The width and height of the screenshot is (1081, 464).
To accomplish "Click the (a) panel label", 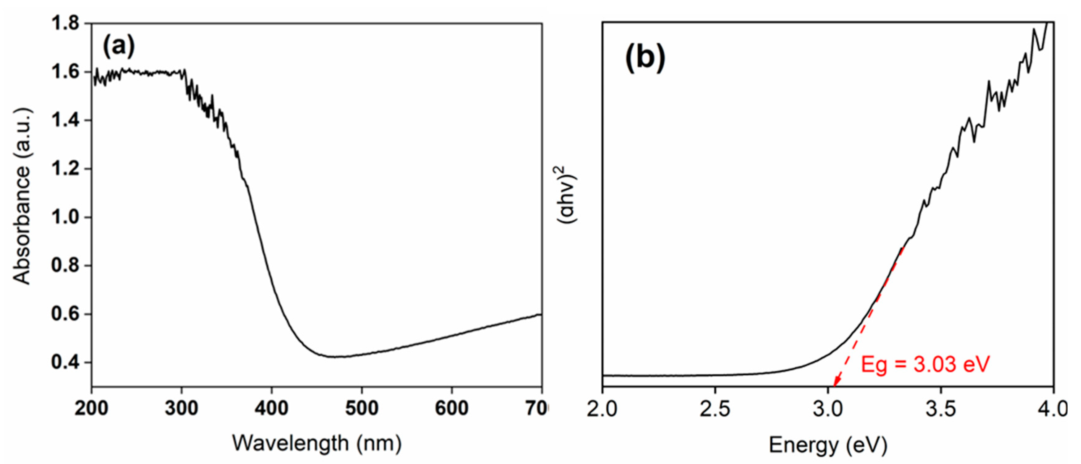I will pos(119,46).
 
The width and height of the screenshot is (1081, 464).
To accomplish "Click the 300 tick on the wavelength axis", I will pos(181,408).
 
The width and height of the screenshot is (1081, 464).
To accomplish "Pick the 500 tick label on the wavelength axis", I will pos(361,408).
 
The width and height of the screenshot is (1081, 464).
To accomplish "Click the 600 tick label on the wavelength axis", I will pos(451,408).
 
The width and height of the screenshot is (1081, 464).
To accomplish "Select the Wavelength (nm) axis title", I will pos(317,443).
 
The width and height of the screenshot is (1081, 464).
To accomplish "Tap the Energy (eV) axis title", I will pos(828,445).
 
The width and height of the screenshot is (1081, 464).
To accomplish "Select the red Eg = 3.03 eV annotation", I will pos(925,364).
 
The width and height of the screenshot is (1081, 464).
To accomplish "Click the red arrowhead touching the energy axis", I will pos(835,383).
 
